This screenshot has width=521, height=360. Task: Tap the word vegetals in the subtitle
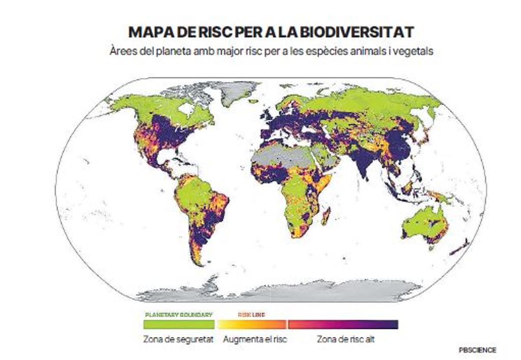(417, 51)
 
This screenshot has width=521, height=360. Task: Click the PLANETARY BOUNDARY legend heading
(178, 314)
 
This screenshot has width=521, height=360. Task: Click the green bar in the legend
(179, 324)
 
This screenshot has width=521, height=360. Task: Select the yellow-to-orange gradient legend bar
(252, 324)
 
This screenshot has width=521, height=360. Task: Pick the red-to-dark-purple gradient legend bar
(343, 324)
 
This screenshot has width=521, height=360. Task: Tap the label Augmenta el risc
(255, 339)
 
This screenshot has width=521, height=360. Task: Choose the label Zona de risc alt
(346, 339)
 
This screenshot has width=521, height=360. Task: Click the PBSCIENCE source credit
(477, 350)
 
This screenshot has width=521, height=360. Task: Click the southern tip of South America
(198, 261)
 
